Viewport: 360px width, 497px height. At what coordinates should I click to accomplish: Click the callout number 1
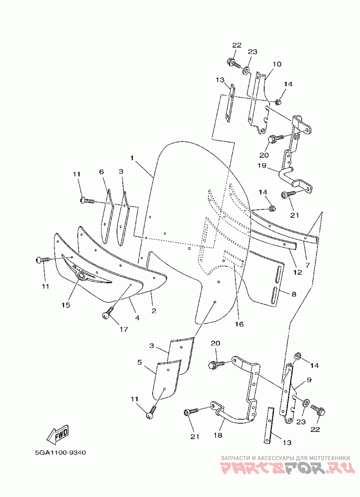[132, 158]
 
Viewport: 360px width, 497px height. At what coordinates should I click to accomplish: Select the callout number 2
[153, 311]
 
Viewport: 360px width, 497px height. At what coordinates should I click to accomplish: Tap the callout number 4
[137, 318]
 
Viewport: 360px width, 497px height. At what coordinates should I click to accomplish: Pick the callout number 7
[307, 265]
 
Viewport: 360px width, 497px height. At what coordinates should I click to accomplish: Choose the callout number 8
[293, 294]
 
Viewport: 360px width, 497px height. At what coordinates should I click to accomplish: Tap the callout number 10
[276, 64]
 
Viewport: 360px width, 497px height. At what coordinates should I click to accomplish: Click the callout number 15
[66, 305]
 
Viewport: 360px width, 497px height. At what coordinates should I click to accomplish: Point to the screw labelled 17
[107, 315]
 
